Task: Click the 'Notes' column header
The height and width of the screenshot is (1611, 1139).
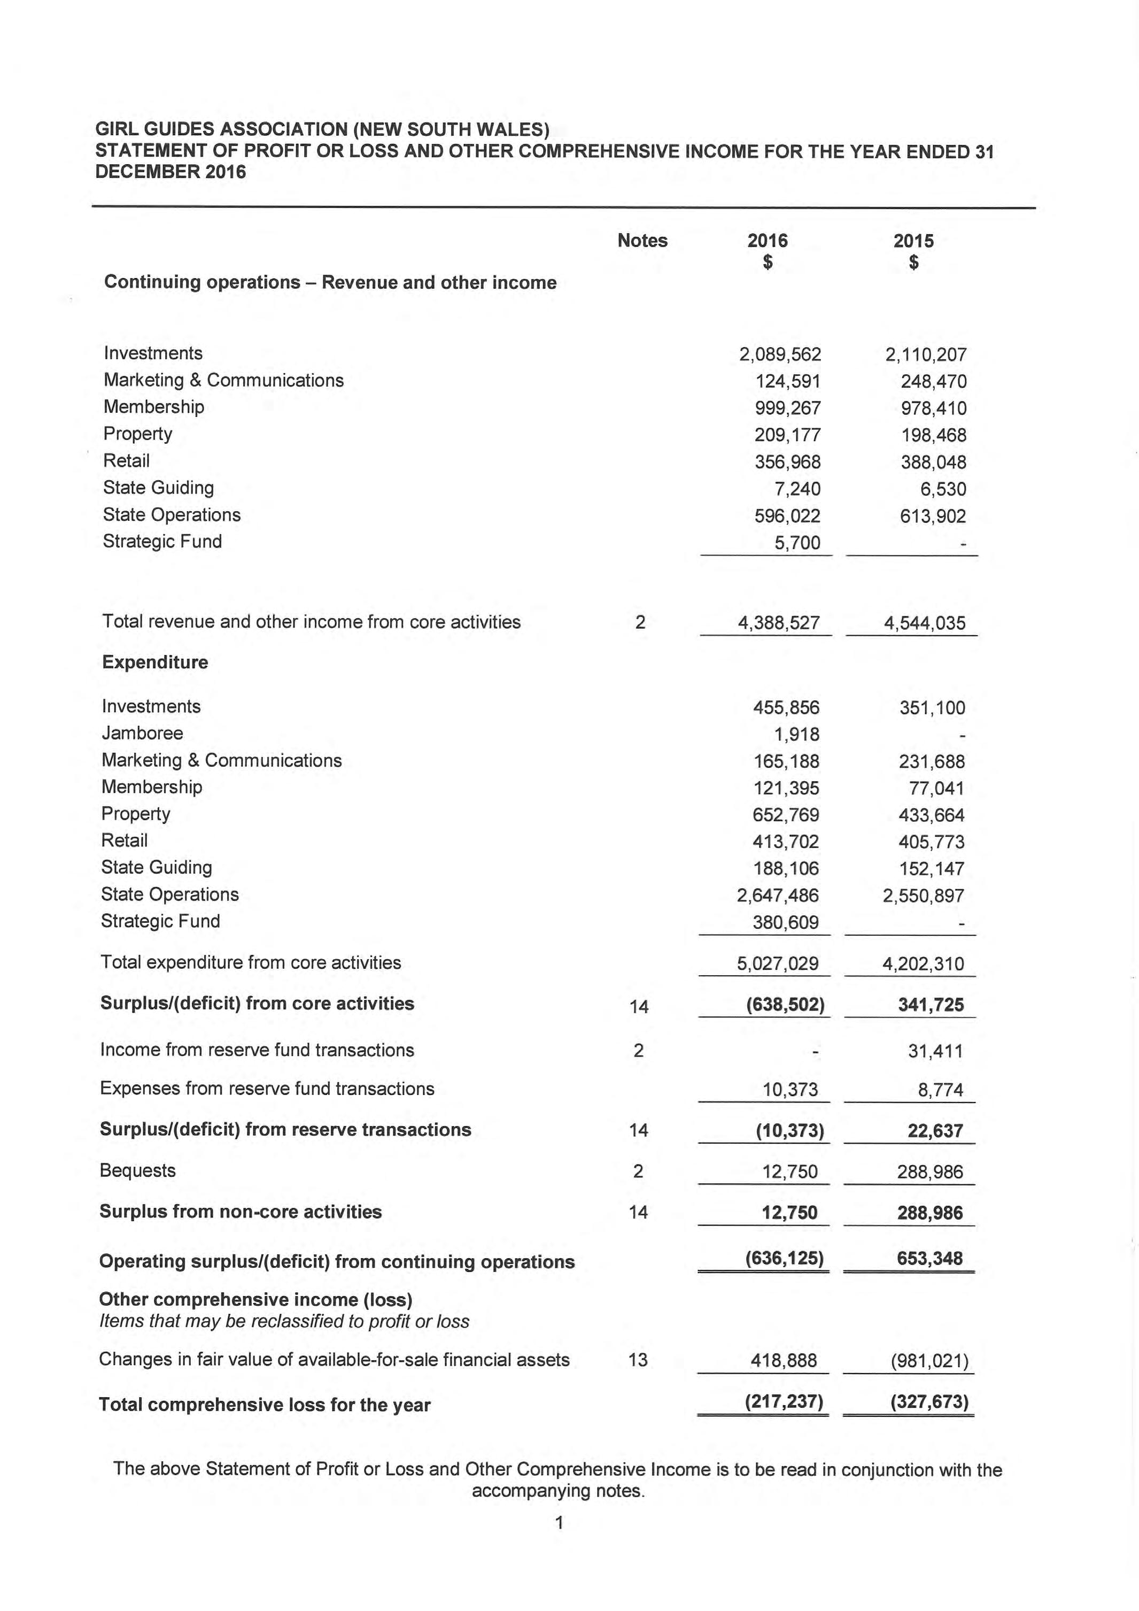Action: [x=642, y=241]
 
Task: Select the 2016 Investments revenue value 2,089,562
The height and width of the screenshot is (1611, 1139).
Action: [x=780, y=354]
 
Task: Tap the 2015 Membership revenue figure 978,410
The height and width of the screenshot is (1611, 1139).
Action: [x=934, y=408]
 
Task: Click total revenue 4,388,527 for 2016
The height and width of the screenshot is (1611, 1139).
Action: [x=779, y=623]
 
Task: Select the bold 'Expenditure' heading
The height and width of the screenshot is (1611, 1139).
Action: [x=155, y=662]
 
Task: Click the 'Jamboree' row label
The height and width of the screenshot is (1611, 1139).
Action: [x=142, y=733]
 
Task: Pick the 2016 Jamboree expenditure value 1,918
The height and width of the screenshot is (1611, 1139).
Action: [x=797, y=735]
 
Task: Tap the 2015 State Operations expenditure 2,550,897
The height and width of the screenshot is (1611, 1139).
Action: [x=924, y=896]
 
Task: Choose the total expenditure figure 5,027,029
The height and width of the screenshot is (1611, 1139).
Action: [x=777, y=963]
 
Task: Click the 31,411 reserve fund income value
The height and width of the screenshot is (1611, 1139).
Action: [x=935, y=1051]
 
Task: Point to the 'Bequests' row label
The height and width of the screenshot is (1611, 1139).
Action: [x=137, y=1170]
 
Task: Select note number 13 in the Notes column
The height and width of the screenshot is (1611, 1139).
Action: [x=638, y=1360]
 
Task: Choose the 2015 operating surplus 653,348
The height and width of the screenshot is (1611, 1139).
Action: [x=930, y=1258]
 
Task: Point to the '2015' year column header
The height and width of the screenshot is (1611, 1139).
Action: [x=913, y=241]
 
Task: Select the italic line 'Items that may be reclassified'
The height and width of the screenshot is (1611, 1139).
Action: [x=284, y=1321]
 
